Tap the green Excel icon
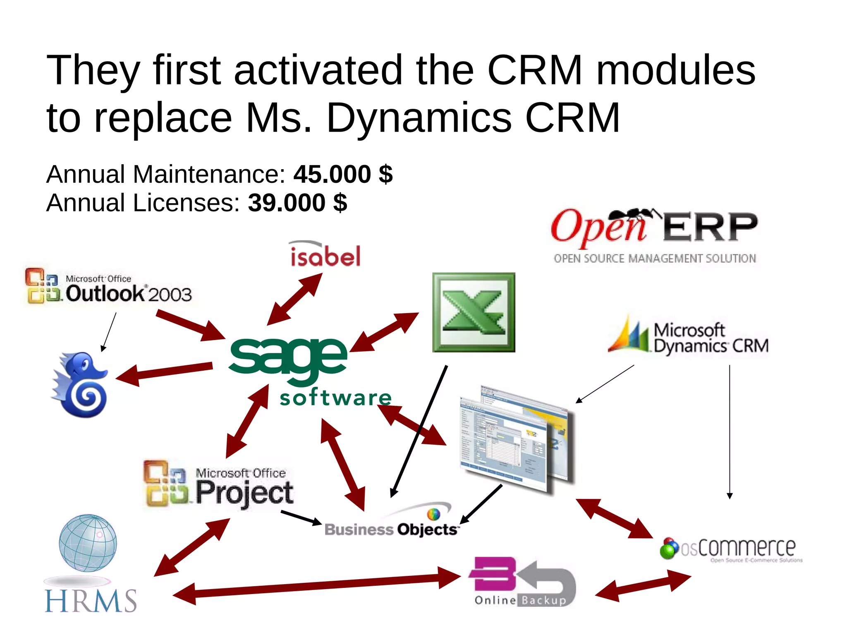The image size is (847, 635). click(474, 312)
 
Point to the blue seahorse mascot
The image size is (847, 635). click(81, 385)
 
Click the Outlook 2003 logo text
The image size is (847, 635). click(128, 293)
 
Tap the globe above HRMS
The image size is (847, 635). click(88, 543)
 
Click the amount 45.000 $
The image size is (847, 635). click(343, 174)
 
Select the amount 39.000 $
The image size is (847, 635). click(297, 203)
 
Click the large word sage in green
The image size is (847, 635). click(288, 357)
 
